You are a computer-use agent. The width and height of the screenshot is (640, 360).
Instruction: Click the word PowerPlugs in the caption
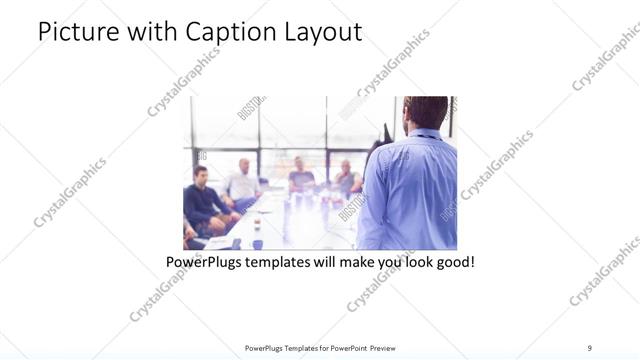(204, 263)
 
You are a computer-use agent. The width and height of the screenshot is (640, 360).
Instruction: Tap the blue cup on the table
(257, 243)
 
